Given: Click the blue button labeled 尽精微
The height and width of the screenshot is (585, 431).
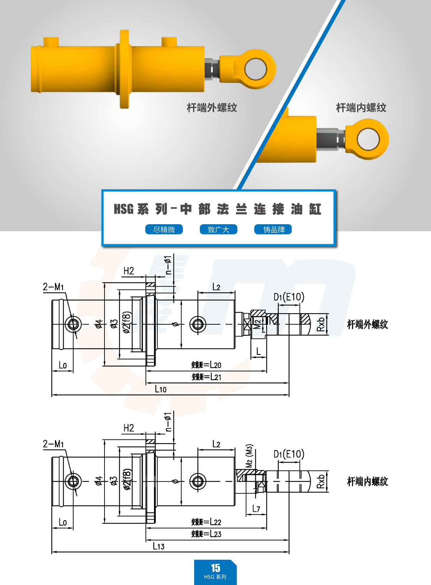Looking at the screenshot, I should (x=164, y=229).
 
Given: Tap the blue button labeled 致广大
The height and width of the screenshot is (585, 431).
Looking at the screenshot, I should (x=218, y=229).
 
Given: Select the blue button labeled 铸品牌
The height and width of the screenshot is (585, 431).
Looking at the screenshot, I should (x=273, y=229).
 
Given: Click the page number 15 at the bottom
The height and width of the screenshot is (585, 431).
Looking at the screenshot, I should (x=215, y=568).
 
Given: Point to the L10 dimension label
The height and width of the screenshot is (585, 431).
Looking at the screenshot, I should (x=161, y=389).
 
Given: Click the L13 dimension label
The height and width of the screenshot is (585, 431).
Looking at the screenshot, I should (x=158, y=546).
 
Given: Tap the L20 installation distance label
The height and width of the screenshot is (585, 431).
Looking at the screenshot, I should (x=207, y=365).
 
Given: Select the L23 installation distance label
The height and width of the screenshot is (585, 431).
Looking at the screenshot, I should (x=207, y=534).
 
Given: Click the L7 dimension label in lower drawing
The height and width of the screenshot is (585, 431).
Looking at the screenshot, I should (x=256, y=509).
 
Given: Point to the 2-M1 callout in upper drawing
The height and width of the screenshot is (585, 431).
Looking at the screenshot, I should (x=53, y=287).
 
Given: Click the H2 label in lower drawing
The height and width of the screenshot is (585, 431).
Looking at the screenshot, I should (x=129, y=428).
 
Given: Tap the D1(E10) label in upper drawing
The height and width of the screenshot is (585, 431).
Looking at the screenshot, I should (x=289, y=297).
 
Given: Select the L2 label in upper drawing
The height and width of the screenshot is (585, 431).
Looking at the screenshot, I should (x=216, y=287).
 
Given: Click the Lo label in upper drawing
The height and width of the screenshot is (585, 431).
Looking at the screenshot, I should (x=63, y=365).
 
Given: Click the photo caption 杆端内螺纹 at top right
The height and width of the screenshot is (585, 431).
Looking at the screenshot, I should (x=361, y=107).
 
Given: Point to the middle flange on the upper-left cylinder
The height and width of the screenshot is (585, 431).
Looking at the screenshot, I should (x=124, y=69).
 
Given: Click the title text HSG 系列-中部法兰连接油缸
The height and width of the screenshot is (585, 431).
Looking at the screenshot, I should (x=217, y=209).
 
